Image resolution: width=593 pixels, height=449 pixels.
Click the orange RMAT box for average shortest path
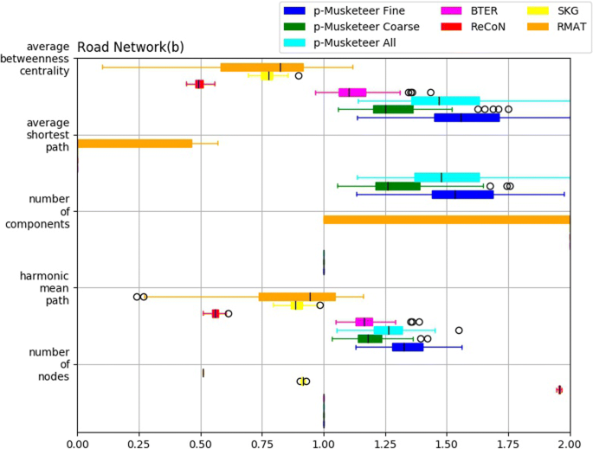(135, 143)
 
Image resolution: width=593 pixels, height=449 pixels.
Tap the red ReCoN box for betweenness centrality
(200, 84)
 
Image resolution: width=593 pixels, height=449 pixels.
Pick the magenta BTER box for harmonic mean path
(364, 322)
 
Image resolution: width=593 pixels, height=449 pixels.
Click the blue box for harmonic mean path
(408, 347)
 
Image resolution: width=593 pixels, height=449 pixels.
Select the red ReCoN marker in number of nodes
(559, 389)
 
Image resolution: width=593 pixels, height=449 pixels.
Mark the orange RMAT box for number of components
(447, 220)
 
